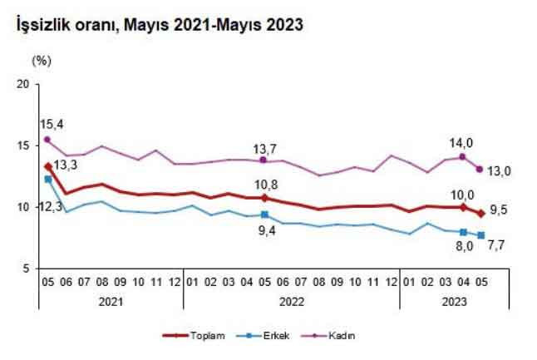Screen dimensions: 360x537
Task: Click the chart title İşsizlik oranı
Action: [x=154, y=26]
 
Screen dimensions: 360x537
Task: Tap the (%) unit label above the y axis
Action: [x=42, y=61]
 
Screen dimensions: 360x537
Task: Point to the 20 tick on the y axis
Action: [x=23, y=84]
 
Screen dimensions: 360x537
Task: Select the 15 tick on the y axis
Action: [x=23, y=145]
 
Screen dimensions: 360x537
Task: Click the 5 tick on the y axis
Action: [x=26, y=269]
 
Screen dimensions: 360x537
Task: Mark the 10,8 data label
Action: [x=264, y=184]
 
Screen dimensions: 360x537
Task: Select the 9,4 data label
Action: [x=264, y=233]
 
